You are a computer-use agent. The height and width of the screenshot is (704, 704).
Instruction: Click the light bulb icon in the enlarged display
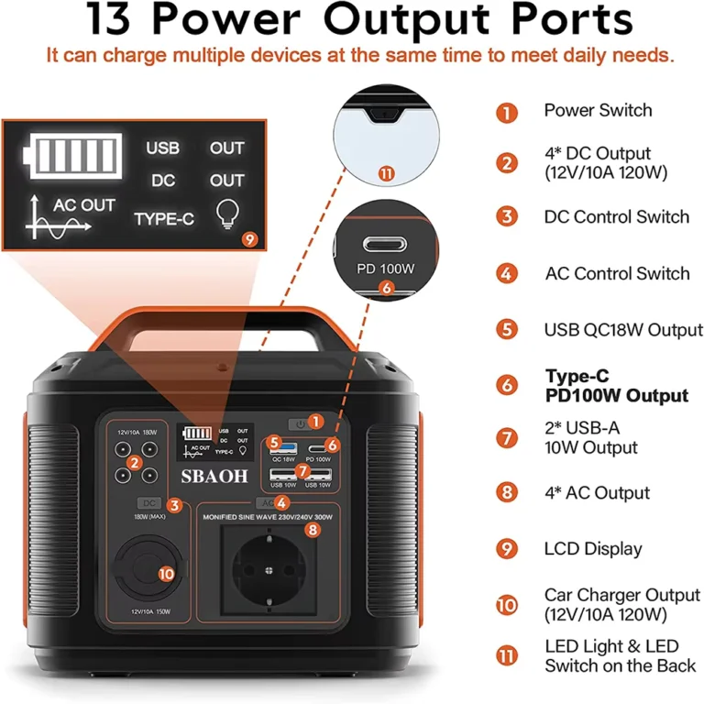tap(225, 214)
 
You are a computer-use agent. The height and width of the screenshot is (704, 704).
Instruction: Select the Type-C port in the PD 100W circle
tap(385, 247)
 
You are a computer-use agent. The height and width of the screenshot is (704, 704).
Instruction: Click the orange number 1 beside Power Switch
tap(507, 113)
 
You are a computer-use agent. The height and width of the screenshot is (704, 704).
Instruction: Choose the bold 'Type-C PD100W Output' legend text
tap(616, 386)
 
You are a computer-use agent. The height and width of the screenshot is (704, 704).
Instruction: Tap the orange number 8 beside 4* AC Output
tap(507, 493)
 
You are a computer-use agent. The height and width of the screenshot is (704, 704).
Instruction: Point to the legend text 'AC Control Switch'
tap(617, 273)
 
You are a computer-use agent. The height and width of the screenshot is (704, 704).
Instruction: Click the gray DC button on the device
tap(149, 503)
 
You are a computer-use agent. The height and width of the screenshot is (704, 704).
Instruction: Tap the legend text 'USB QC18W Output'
tap(623, 330)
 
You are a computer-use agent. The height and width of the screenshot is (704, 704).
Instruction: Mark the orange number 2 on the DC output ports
tap(134, 463)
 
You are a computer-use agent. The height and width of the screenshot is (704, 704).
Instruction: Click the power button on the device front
tap(299, 423)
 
